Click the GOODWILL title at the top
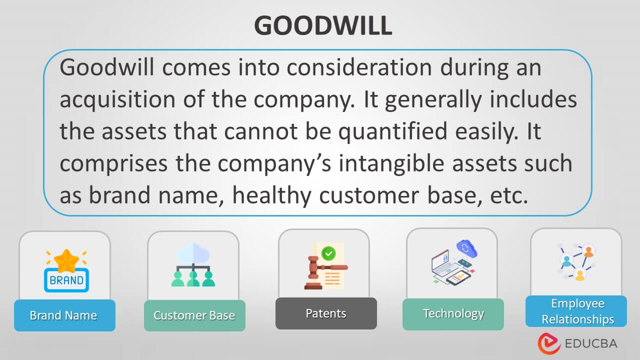322,25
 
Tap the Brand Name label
63,315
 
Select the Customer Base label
194,315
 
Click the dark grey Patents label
325,313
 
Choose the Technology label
453,313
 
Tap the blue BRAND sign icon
66,280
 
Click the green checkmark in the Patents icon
328,253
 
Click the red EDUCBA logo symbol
548,343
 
